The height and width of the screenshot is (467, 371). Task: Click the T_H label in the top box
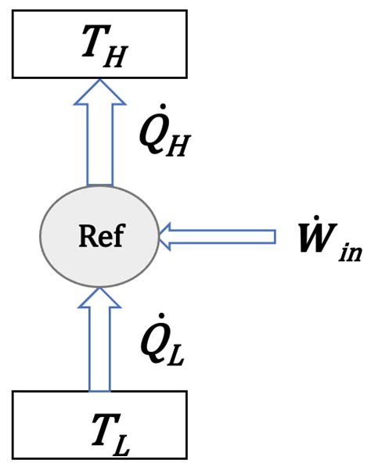pos(105,46)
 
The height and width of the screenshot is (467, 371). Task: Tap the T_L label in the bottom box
pos(111,433)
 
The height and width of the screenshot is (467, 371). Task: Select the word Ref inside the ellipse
pos(101,236)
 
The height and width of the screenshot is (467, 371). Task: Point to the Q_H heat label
pos(164,131)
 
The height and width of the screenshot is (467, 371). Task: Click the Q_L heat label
pos(163,339)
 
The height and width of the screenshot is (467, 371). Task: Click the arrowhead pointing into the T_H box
pos(100,92)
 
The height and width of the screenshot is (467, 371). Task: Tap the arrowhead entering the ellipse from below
pos(100,297)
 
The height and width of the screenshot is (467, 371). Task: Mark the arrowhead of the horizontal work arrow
pos(164,236)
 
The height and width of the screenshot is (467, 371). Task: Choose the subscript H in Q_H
pos(178,145)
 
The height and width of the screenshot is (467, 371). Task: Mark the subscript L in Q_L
pos(175,355)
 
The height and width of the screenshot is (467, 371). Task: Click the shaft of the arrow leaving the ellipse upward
pos(100,145)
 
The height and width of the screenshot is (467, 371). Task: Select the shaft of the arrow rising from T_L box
pos(99,349)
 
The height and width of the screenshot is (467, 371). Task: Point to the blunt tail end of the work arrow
pos(275,236)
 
